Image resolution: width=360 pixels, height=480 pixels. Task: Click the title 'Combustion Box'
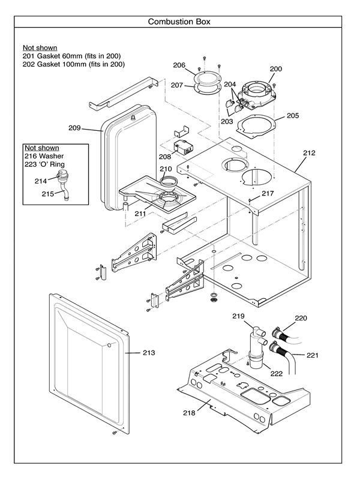point(179,22)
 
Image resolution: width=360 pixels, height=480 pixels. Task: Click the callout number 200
point(275,69)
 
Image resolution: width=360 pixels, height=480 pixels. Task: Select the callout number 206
point(179,65)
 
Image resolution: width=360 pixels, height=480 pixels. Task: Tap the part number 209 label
point(74,128)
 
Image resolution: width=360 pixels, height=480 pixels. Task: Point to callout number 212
point(308,152)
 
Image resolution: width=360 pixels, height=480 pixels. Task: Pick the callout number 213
point(148,353)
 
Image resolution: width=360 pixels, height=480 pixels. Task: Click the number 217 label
point(267,194)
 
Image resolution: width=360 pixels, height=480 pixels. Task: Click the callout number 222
point(277,374)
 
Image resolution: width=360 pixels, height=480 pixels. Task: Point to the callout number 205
point(292,115)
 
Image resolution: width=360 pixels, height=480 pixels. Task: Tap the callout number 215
point(48,193)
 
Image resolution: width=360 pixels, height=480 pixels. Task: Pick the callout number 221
point(312,355)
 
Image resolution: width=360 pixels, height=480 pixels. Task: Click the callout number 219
point(239,316)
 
